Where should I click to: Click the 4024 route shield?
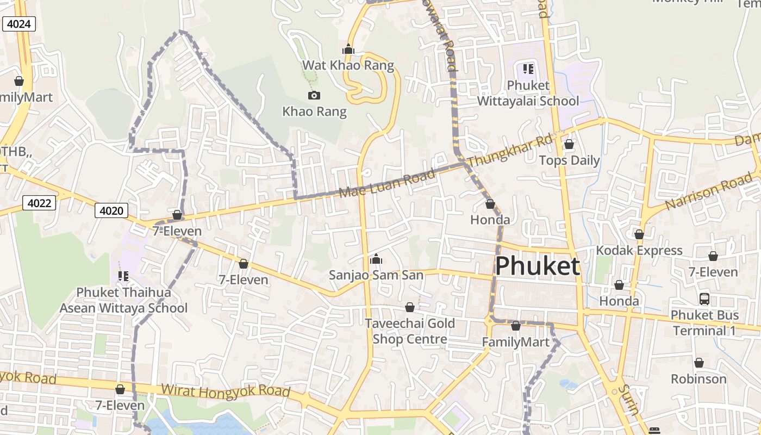click(x=19, y=24)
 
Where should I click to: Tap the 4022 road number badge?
click(x=40, y=203)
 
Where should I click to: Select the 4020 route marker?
click(x=111, y=210)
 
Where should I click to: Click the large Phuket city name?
click(x=537, y=266)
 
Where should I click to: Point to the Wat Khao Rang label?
click(x=348, y=65)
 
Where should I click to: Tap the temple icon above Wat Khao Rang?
click(x=348, y=49)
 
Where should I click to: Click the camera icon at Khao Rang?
click(x=314, y=96)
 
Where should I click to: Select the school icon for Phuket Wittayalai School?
click(x=528, y=69)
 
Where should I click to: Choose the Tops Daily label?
click(x=569, y=160)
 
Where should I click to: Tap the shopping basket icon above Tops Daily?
click(x=569, y=144)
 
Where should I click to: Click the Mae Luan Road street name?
click(x=386, y=183)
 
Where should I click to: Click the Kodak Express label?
click(x=639, y=251)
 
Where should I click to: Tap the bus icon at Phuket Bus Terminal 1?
click(x=704, y=299)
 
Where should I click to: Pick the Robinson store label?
click(x=698, y=379)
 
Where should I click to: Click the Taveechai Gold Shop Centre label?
click(x=410, y=331)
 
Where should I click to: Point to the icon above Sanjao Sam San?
click(x=376, y=259)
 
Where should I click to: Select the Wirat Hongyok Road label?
click(x=226, y=391)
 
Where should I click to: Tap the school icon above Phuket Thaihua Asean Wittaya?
click(x=123, y=276)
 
